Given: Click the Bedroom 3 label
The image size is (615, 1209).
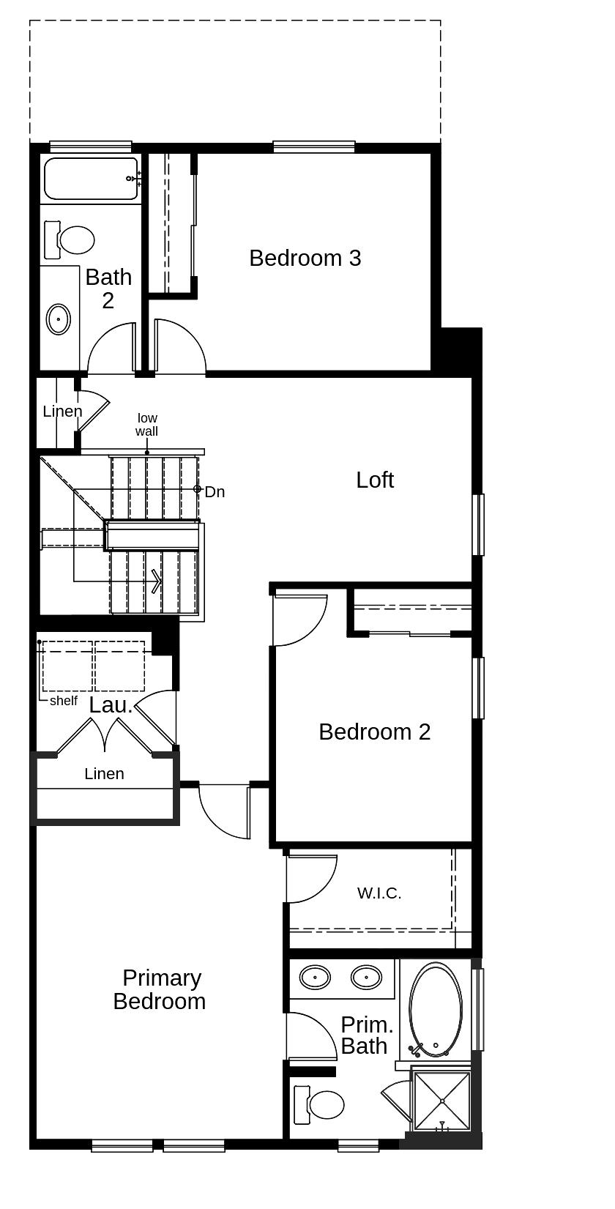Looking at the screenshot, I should (x=305, y=258).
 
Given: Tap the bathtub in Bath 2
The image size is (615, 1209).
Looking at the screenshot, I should (x=91, y=178).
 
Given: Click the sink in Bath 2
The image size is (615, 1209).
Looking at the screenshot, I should (x=59, y=319).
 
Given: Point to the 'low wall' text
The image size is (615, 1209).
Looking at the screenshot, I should (x=146, y=425).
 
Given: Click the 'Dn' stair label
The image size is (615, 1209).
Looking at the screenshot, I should (x=215, y=492).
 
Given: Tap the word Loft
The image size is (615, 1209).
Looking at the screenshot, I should (x=375, y=480).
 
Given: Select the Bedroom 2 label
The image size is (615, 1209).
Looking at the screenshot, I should (x=374, y=732).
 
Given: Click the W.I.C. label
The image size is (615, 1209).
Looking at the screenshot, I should (x=379, y=893).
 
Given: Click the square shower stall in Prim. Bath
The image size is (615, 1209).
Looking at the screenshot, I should (x=442, y=1101).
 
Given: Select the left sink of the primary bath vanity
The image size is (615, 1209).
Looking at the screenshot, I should (x=316, y=976).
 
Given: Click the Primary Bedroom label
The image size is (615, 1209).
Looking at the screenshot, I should (x=160, y=989).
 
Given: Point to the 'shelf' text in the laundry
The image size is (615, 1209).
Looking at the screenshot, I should (x=64, y=701).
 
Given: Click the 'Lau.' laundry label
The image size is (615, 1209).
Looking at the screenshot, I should (x=111, y=705).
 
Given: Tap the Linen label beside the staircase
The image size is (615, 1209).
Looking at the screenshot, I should (x=62, y=411).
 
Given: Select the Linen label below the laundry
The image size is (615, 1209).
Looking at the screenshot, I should (x=104, y=773).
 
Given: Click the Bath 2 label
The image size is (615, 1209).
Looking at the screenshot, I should (x=108, y=289).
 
